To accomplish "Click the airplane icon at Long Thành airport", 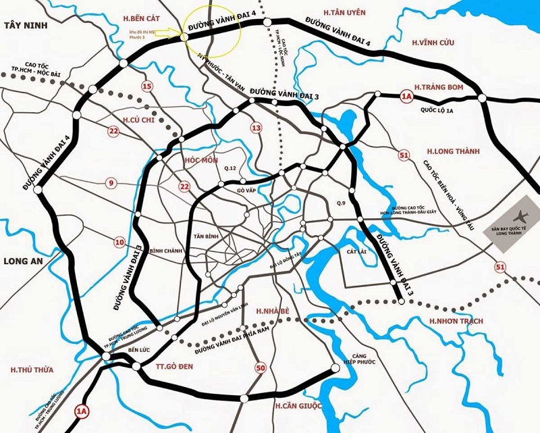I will [519, 217].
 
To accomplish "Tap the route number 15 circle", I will [148, 86].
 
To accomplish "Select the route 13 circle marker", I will [256, 128].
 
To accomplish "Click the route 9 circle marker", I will [111, 182].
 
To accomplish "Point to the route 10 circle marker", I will [119, 242].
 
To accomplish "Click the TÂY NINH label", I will [23, 24].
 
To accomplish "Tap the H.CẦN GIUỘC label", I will [298, 405].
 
